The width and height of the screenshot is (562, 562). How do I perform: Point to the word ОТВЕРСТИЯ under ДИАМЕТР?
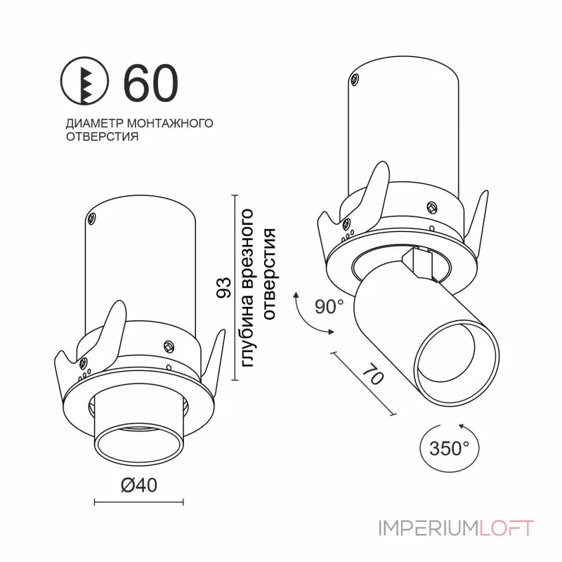point(101,137)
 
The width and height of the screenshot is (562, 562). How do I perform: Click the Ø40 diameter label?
point(138,485)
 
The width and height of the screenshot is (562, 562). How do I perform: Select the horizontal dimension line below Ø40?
point(138,502)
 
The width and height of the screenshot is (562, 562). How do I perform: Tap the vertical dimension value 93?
point(224,288)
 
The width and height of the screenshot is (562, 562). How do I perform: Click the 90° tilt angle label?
point(329,307)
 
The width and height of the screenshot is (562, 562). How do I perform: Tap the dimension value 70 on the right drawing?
point(372,375)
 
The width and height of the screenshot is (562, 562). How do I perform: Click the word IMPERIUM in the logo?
point(429,528)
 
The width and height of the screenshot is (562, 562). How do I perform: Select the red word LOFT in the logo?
point(507,528)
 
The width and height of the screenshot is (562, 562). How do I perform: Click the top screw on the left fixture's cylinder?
point(92,218)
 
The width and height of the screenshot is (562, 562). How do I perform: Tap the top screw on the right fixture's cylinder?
point(358,79)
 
